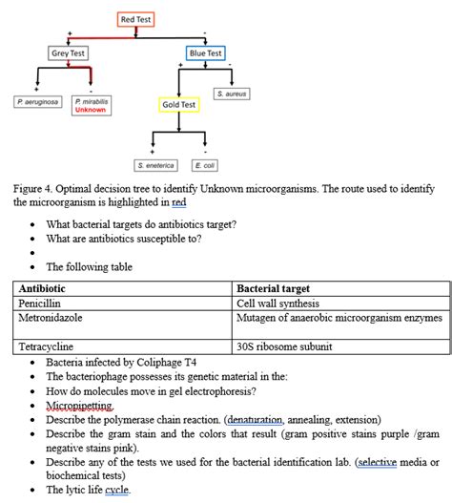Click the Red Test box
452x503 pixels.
(x=135, y=19)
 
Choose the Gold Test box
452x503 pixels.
(x=178, y=105)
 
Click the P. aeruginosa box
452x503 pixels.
(x=38, y=101)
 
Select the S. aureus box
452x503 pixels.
(x=232, y=94)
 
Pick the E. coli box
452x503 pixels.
(x=204, y=165)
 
